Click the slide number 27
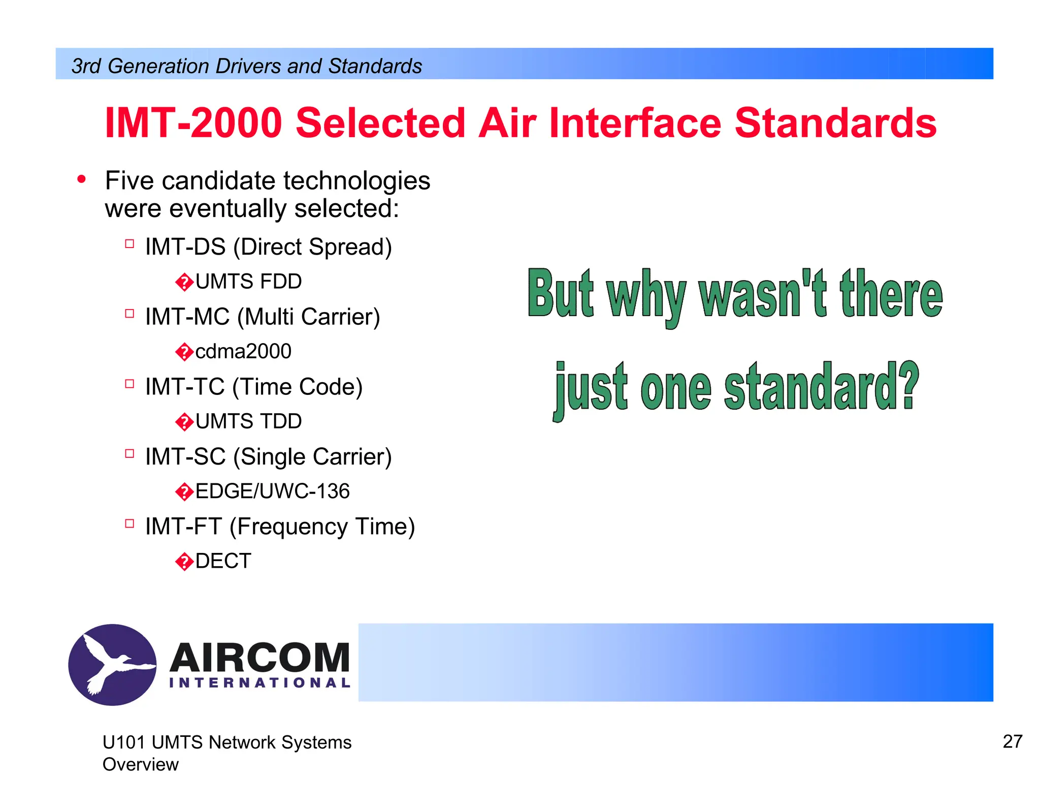coord(1012,741)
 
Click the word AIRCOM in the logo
coord(259,657)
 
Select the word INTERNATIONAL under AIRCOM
coord(259,683)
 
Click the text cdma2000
coord(243,352)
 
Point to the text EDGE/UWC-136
coord(273,491)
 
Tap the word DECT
coord(223,562)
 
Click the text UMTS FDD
coord(248,282)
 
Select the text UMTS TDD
coord(248,422)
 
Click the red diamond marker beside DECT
coord(184,562)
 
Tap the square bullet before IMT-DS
coord(129,244)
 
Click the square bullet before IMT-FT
coord(129,523)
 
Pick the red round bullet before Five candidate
coord(81,179)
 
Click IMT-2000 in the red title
coord(193,123)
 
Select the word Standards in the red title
coord(835,123)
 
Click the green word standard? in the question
coord(821,387)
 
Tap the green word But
coord(561,294)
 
